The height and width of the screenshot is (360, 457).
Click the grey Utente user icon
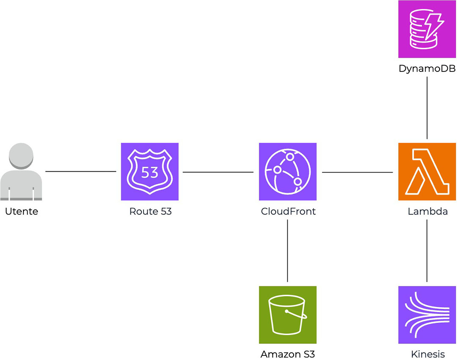point(21,172)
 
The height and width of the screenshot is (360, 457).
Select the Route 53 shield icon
point(149,172)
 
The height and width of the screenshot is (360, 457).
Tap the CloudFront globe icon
point(288,172)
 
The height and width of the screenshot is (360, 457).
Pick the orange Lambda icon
point(427,172)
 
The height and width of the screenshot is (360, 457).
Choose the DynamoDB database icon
point(427,29)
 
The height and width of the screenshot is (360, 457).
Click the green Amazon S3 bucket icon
point(288,315)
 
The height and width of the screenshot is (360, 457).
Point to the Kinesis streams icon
point(427,315)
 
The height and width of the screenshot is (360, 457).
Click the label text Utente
point(22,211)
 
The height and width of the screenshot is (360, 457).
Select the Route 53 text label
point(150,211)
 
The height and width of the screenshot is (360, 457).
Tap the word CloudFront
point(288,211)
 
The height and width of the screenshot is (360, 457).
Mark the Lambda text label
point(427,211)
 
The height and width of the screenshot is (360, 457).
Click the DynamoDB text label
point(427,69)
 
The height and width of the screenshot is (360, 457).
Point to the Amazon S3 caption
point(288,354)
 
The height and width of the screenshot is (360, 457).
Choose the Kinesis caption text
point(427,354)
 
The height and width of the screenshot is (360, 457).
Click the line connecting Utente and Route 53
point(80,171)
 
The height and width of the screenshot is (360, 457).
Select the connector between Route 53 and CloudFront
point(218,172)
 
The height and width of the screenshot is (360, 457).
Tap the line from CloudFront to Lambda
point(357,172)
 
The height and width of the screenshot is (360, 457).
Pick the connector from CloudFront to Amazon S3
point(288,250)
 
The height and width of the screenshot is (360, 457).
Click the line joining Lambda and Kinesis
point(427,250)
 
